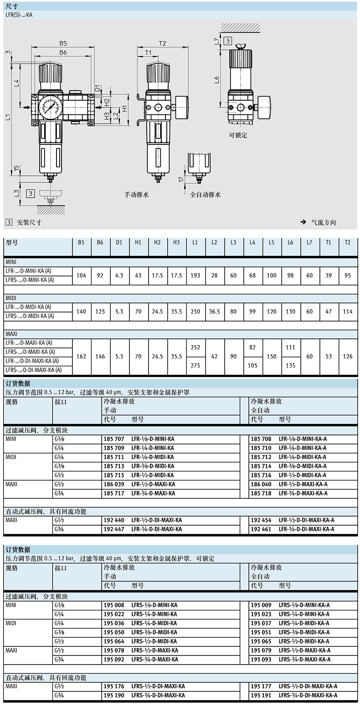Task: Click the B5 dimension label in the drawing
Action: pos(63,44)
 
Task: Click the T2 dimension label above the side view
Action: pos(162,43)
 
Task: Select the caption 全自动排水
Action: pos(205,194)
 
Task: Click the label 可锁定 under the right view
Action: pos(238,135)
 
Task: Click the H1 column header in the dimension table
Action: pos(138,242)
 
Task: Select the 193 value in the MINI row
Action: pos(195,276)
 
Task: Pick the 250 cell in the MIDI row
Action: pos(195,312)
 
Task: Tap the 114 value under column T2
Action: pos(348,312)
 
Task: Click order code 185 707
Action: pos(114,439)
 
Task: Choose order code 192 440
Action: pos(114,520)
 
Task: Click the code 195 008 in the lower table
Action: pos(114,605)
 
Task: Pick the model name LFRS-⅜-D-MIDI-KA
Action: pos(154,632)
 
